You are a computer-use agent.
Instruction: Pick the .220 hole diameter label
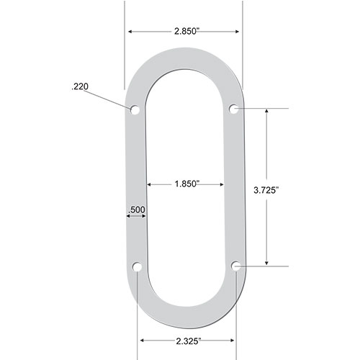click(79, 87)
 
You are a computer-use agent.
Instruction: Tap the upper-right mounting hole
click(234, 109)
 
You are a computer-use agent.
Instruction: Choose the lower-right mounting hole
click(236, 266)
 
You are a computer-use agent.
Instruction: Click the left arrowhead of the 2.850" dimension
click(131, 32)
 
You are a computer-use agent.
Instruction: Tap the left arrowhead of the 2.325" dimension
click(142, 339)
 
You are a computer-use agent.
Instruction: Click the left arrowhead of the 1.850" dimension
click(150, 184)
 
